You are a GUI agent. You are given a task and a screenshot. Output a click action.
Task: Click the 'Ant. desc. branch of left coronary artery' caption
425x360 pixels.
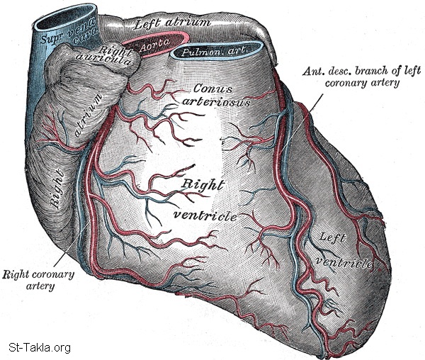(351, 77)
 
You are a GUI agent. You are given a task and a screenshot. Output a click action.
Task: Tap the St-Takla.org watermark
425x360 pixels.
(39, 348)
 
